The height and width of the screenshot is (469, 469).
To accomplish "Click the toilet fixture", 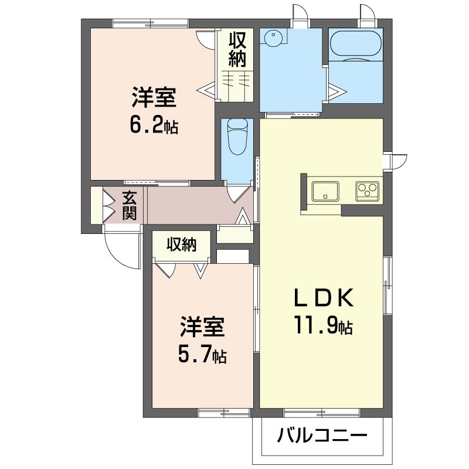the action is tap(238, 137).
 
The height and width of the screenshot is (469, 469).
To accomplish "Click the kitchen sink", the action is tap(325, 191).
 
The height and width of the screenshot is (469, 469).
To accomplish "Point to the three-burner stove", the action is tap(368, 191).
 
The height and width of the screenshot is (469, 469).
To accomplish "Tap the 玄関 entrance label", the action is tap(129, 206).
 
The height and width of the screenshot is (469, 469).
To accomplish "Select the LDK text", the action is tap(324, 298).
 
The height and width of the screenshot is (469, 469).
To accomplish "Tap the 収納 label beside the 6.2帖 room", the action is tap(237, 49).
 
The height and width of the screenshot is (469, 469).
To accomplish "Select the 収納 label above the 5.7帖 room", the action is tap(182, 244).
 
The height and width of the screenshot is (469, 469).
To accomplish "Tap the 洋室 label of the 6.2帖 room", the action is tap(154, 97).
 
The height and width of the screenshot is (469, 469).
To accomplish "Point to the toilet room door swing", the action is tap(239, 194).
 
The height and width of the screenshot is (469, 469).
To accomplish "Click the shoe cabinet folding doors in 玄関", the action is tap(109, 205).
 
